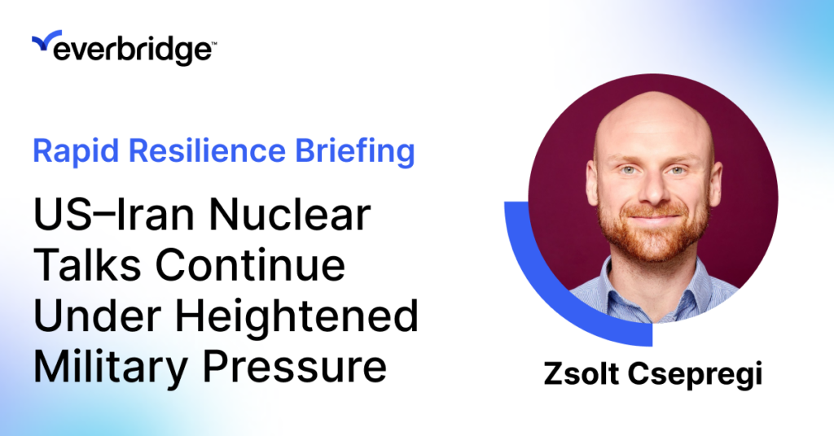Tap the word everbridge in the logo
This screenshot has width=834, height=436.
coord(132,50)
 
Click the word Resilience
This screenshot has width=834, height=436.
coord(208,150)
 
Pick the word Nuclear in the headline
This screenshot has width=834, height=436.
coord(290,215)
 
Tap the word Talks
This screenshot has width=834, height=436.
coord(87,265)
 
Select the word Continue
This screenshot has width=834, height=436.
coord(250,265)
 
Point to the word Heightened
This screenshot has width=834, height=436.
coord(296,316)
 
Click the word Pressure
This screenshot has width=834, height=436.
coord(295,366)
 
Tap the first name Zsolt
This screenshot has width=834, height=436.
coord(582,374)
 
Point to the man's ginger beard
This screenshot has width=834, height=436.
coord(654,233)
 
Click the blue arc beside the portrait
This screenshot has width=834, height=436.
coord(548,290)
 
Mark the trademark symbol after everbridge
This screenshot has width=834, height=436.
coord(214,43)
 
